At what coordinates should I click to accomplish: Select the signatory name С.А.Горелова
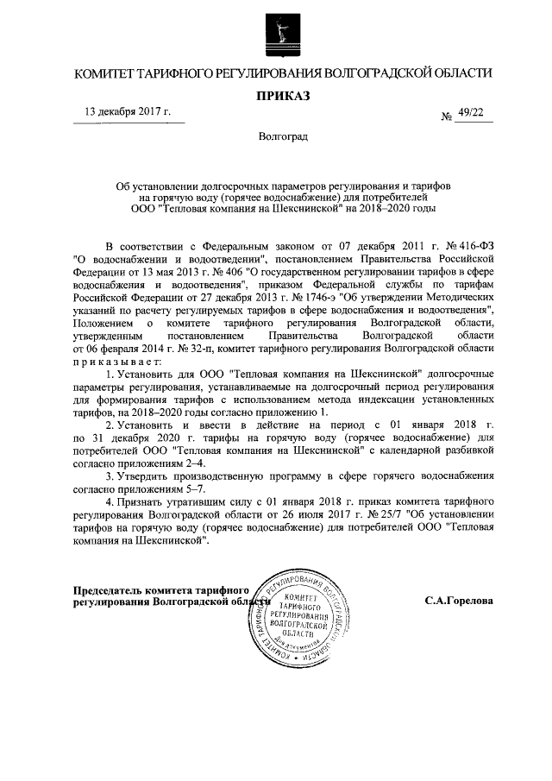458,599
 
